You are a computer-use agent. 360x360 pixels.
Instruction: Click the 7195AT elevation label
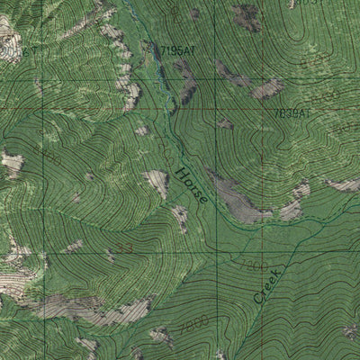[x=176, y=51]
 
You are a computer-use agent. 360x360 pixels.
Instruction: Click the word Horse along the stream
[x=191, y=184]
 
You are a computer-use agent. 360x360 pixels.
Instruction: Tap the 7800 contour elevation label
[x=193, y=322]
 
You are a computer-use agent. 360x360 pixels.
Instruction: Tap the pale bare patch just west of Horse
[x=157, y=183]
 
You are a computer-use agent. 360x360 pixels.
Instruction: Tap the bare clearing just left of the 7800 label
[x=162, y=335]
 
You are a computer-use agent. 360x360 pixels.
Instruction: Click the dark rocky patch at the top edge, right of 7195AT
[x=245, y=16]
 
